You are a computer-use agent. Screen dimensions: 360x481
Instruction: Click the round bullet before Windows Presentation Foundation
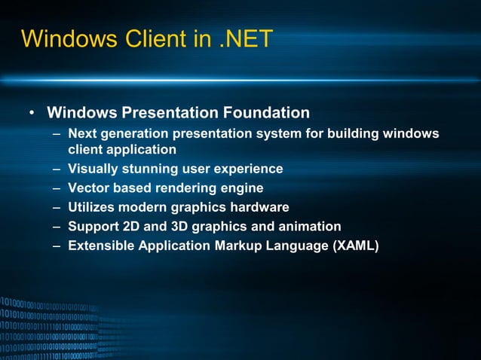32,114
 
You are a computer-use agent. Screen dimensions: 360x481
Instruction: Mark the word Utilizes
93,207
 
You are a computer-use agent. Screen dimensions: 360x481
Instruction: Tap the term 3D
181,226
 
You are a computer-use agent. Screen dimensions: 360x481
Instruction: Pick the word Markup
242,246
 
